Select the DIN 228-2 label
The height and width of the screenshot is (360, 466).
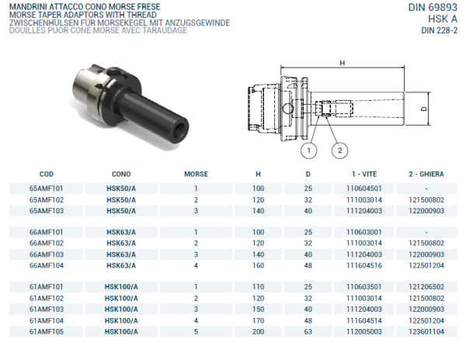point(438,31)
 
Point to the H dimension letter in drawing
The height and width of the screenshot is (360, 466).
point(342,63)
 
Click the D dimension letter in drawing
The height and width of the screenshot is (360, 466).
point(424,109)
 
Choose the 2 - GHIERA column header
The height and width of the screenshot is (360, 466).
point(426,175)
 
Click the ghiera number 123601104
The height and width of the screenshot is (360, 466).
point(426,331)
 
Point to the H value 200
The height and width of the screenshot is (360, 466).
point(258,331)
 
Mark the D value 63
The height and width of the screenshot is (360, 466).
point(308,331)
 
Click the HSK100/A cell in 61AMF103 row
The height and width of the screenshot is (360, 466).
point(121,309)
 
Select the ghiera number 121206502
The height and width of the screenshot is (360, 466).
point(426,287)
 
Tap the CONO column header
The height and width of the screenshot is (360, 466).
point(121,175)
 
